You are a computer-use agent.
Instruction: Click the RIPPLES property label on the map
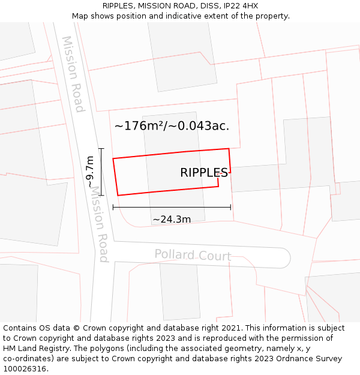(x=204, y=173)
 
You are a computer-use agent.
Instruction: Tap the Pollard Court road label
(x=193, y=255)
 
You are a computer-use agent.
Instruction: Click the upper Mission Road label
(x=73, y=74)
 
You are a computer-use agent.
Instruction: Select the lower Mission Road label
(x=100, y=232)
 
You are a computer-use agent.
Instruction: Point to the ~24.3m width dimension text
(x=172, y=220)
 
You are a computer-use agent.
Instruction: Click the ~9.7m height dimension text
(x=91, y=172)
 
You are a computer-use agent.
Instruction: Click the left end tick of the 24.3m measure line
(x=113, y=208)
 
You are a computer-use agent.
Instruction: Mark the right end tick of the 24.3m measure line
(x=230, y=208)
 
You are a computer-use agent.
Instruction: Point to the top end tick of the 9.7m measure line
(x=101, y=149)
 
